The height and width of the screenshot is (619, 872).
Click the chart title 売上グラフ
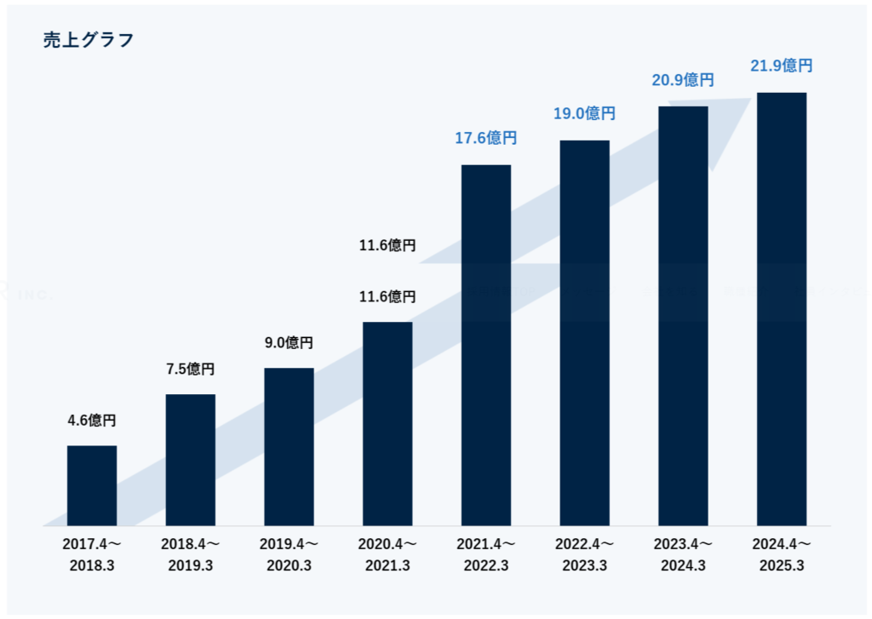click(x=89, y=40)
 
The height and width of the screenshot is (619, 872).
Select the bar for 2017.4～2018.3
click(x=92, y=485)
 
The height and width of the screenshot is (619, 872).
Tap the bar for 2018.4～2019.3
click(x=190, y=460)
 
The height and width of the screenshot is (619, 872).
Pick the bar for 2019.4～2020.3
click(x=289, y=447)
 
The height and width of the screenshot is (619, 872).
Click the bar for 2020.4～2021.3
click(x=387, y=423)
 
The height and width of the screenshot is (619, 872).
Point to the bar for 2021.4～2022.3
click(x=486, y=345)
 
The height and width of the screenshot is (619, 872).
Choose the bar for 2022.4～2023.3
click(x=584, y=333)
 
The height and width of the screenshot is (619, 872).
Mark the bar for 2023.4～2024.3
click(x=683, y=316)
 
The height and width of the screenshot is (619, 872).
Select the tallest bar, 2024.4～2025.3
click(x=782, y=309)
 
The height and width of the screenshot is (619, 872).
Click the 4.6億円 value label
click(x=92, y=420)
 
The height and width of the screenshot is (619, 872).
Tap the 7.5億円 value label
click(x=190, y=369)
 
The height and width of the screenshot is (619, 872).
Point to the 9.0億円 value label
click(x=289, y=342)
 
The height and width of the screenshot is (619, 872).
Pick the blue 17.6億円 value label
click(x=486, y=137)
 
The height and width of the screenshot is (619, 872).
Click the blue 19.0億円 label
click(x=584, y=113)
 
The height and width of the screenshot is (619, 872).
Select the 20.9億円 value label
click(x=683, y=80)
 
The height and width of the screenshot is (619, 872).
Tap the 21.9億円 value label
click(x=782, y=65)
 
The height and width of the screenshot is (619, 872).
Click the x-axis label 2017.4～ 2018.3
click(x=92, y=554)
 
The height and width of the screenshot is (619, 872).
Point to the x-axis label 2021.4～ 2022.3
click(x=486, y=554)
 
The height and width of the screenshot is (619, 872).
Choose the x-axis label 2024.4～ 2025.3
click(x=782, y=554)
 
